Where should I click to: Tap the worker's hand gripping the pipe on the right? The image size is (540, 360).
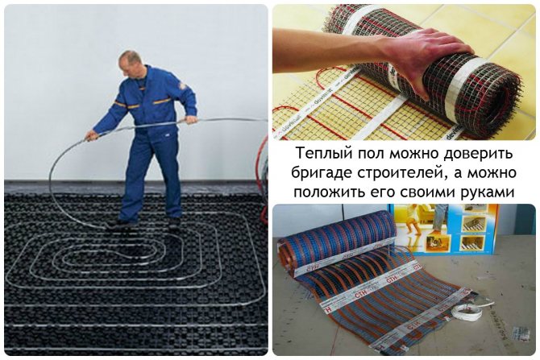point(191,119)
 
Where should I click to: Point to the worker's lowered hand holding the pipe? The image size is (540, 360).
point(91,136)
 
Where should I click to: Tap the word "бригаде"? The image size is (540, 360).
point(325,172)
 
